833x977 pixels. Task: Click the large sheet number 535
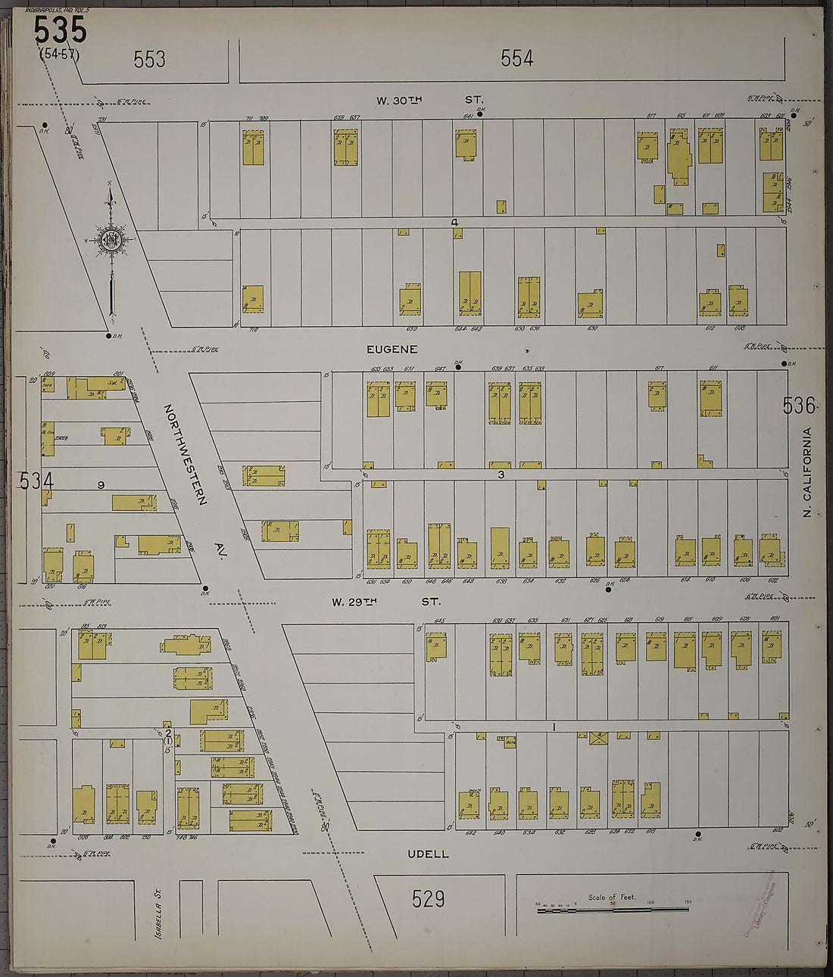60,30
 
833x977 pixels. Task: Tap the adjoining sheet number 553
149,59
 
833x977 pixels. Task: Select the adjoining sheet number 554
516,58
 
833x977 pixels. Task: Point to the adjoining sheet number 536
799,406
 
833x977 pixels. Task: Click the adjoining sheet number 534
37,481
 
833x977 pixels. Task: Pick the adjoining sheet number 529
428,898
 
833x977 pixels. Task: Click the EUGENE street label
392,349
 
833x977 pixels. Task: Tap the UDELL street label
428,854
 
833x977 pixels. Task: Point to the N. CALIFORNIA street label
807,473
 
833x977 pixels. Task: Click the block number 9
100,485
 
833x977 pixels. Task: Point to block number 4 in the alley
454,222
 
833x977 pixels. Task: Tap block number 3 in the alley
501,474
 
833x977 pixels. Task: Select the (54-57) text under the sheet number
58,54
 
